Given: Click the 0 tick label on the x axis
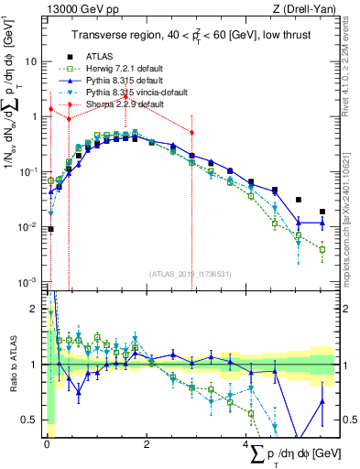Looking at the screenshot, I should (x=47, y=444).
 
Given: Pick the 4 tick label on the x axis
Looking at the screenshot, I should (x=247, y=444).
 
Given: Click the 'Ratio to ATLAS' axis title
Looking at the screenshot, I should (x=11, y=365).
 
